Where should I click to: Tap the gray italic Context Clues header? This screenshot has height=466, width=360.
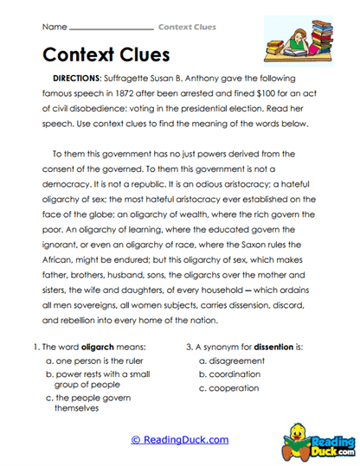187,27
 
